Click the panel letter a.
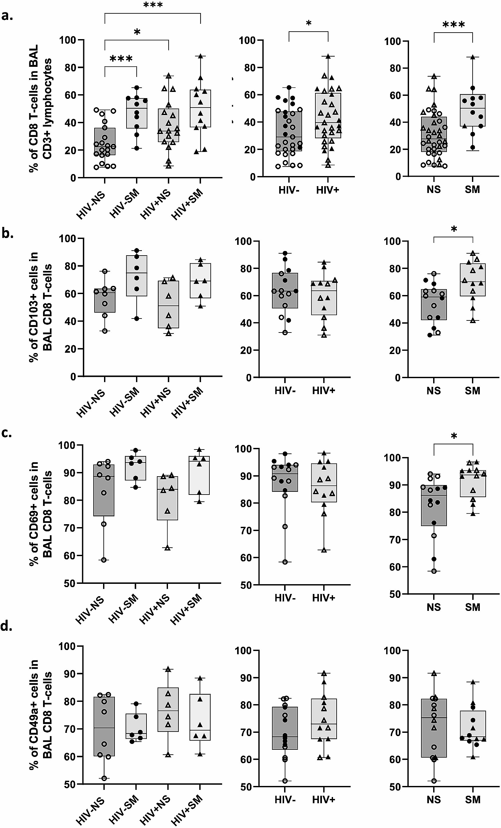click(7, 15)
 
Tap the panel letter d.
click(7, 626)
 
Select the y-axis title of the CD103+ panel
click(41, 306)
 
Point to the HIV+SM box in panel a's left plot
click(200, 108)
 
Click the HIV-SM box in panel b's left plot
click(137, 275)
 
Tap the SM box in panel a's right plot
click(473, 110)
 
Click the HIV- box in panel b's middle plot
click(285, 290)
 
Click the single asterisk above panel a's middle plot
click(309, 24)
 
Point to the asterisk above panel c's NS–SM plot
click(454, 436)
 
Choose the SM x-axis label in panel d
click(473, 799)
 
